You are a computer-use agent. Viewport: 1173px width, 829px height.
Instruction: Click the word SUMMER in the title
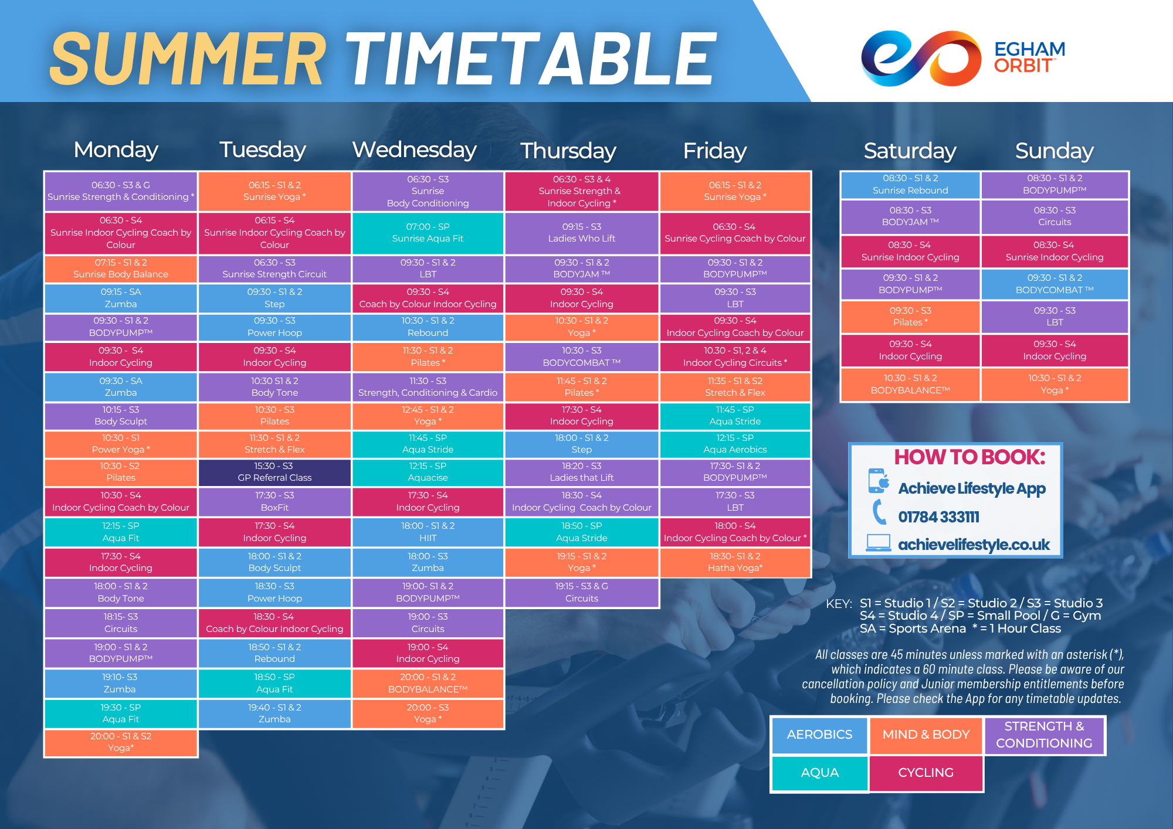(188, 59)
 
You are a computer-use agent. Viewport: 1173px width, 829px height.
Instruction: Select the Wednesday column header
(415, 150)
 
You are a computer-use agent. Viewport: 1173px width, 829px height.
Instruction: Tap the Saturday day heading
(910, 151)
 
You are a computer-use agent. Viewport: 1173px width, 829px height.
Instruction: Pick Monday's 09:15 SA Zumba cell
(121, 298)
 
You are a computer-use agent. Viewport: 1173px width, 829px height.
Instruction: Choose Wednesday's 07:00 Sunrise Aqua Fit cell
(428, 233)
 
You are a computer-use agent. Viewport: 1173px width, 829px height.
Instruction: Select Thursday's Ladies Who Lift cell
(581, 233)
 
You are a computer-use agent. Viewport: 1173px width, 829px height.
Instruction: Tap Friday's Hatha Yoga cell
(735, 562)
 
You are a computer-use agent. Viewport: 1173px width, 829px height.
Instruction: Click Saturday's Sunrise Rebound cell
(910, 185)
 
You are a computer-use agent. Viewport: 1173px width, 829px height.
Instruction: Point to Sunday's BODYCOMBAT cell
(1055, 284)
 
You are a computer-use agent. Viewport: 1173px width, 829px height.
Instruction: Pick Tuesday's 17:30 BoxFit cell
(274, 502)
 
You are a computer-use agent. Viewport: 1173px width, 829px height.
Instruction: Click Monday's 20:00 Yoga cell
(121, 742)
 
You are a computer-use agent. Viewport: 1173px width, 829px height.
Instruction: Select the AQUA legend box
(819, 773)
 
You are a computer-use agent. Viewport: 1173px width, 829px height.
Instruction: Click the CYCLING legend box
(925, 773)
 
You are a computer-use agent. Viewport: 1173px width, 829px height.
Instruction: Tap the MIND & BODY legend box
(925, 735)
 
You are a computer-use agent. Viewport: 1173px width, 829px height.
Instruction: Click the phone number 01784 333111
(938, 517)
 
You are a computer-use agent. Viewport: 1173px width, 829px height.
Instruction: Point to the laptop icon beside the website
(878, 543)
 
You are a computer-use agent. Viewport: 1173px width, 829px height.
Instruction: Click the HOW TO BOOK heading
(969, 457)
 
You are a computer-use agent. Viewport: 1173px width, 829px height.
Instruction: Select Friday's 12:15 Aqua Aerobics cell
(735, 444)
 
